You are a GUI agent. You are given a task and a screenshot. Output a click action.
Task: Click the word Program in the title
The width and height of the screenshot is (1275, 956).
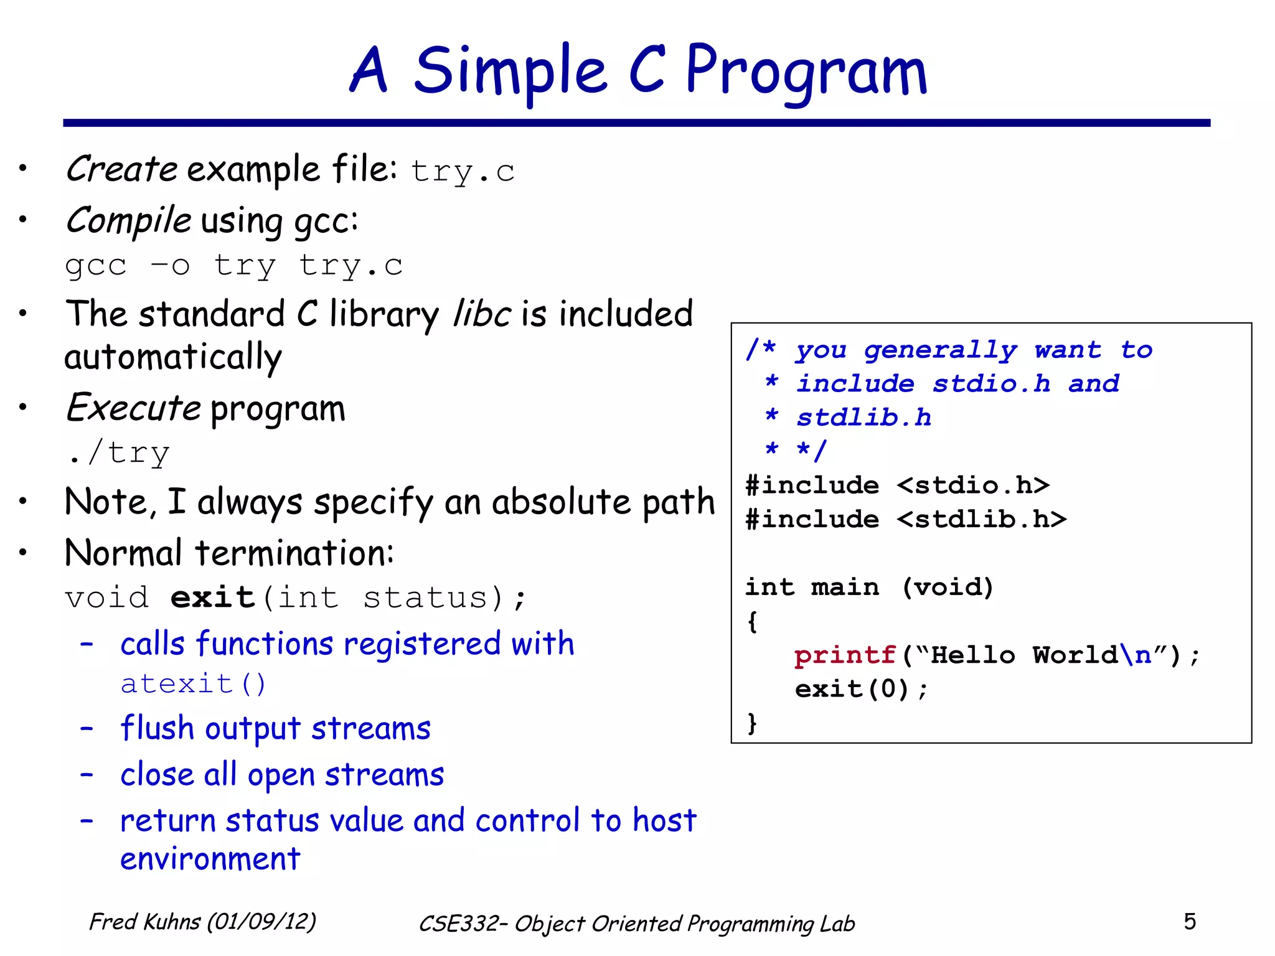click(x=806, y=72)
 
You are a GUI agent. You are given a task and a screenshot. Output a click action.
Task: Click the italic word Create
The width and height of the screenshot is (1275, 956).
click(x=122, y=169)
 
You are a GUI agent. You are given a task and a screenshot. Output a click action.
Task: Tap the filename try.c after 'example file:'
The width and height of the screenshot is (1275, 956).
click(x=463, y=172)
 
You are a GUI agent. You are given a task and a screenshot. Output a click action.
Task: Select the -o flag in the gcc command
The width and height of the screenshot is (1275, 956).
click(x=170, y=266)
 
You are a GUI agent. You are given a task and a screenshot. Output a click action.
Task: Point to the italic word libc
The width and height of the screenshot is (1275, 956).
click(x=482, y=314)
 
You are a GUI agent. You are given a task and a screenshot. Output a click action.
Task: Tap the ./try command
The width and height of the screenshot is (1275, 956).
click(x=118, y=453)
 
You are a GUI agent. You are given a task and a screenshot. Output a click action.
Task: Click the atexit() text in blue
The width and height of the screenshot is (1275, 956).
click(x=193, y=684)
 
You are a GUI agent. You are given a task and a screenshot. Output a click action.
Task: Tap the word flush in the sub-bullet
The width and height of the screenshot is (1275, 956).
click(x=157, y=728)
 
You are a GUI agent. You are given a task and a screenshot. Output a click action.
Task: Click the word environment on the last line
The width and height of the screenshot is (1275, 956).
click(x=210, y=860)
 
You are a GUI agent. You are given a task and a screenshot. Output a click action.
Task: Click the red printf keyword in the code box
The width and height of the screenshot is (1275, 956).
click(x=844, y=655)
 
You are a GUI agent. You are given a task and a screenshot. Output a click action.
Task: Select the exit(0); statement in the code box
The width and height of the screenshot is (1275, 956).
click(x=861, y=689)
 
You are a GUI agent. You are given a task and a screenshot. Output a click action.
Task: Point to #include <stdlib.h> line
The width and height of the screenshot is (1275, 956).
click(x=906, y=519)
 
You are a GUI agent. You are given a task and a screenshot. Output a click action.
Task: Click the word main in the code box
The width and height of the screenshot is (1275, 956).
click(x=845, y=587)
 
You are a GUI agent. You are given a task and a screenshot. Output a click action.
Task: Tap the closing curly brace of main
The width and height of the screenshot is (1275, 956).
click(x=752, y=723)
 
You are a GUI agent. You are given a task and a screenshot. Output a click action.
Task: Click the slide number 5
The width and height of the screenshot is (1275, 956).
click(x=1189, y=922)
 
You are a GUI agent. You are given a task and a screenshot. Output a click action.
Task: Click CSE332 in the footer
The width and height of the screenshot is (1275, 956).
click(x=458, y=924)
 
